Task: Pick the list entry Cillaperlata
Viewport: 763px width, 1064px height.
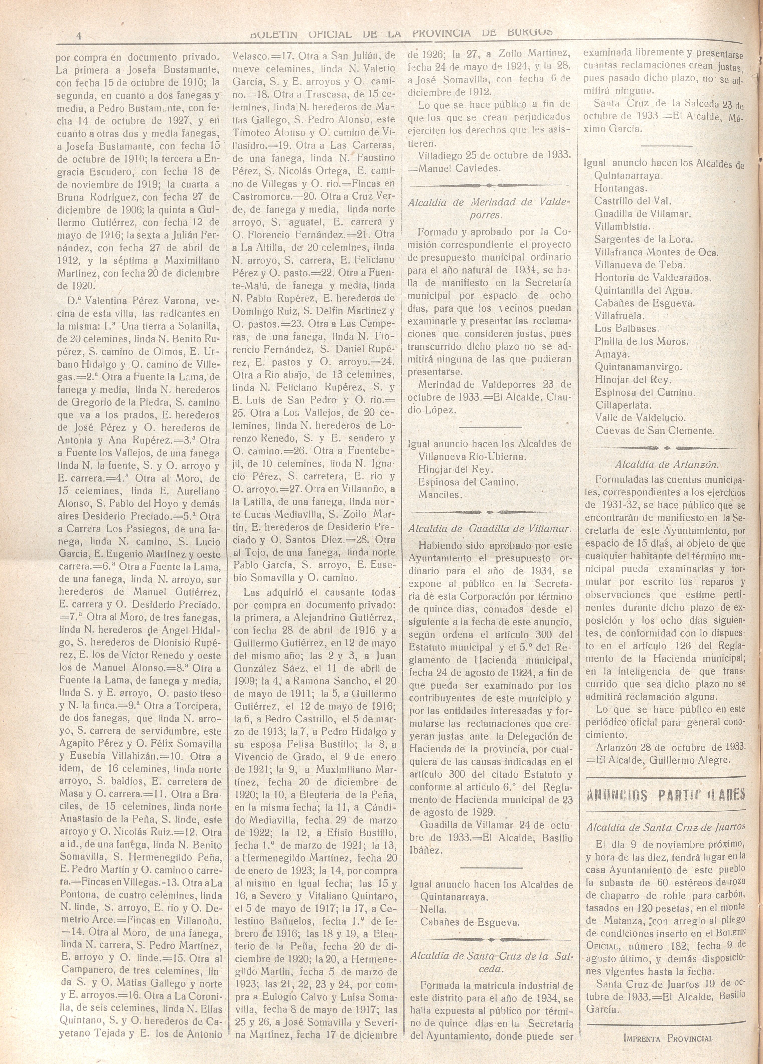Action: tap(624, 405)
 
